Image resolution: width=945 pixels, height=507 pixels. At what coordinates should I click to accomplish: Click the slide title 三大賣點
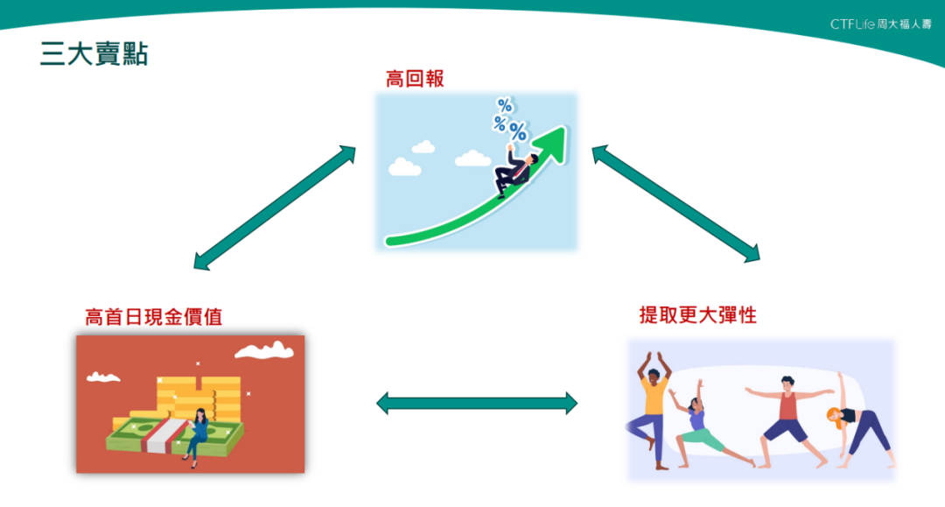[x=94, y=54]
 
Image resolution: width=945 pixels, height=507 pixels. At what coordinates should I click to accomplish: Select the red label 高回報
[x=415, y=79]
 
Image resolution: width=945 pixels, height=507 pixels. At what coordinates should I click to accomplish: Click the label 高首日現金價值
[x=153, y=317]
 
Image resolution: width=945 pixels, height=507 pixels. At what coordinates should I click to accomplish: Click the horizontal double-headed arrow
[x=477, y=403]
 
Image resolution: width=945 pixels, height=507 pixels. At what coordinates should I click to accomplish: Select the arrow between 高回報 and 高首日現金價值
[x=275, y=208]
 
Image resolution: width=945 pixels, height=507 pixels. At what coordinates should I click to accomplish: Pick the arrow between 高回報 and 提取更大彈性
[x=675, y=204]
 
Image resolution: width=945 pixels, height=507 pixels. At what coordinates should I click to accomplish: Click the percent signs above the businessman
[x=509, y=120]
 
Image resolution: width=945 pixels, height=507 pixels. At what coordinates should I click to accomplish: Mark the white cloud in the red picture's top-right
[x=264, y=350]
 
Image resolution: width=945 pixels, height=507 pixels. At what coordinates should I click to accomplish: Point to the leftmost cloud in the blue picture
[x=404, y=165]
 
